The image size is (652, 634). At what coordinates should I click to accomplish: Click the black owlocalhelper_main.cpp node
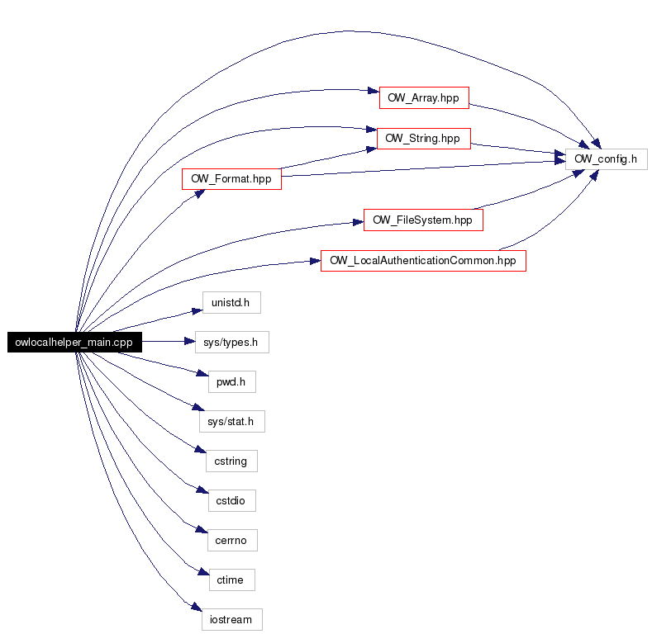pyautogui.click(x=75, y=342)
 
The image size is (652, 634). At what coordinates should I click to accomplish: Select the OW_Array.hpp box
pyautogui.click(x=424, y=98)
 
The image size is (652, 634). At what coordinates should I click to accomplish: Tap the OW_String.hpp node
pyautogui.click(x=424, y=139)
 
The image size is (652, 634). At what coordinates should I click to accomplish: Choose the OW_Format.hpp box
pyautogui.click(x=231, y=179)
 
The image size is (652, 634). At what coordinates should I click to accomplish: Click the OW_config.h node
pyautogui.click(x=607, y=159)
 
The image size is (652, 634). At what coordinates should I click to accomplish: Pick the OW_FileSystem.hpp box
pyautogui.click(x=423, y=220)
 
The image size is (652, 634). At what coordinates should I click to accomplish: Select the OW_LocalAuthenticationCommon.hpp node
pyautogui.click(x=423, y=261)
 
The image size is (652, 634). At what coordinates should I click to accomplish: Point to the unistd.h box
pyautogui.click(x=231, y=302)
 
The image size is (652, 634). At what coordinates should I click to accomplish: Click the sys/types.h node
pyautogui.click(x=232, y=343)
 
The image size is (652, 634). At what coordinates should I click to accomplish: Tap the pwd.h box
pyautogui.click(x=232, y=382)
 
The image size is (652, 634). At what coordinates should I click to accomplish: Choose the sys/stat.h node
pyautogui.click(x=232, y=421)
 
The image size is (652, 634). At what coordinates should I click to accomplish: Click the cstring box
pyautogui.click(x=231, y=461)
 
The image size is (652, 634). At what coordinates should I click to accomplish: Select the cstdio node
pyautogui.click(x=232, y=500)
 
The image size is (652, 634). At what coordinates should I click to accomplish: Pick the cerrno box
pyautogui.click(x=232, y=541)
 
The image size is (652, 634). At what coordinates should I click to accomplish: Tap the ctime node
pyautogui.click(x=232, y=580)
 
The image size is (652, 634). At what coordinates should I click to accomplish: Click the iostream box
pyautogui.click(x=232, y=619)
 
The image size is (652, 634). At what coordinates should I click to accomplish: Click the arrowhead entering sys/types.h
pyautogui.click(x=189, y=342)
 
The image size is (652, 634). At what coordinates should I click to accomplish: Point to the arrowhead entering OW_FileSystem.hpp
pyautogui.click(x=358, y=223)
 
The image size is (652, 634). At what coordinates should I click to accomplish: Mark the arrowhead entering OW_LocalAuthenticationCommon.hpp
pyautogui.click(x=315, y=262)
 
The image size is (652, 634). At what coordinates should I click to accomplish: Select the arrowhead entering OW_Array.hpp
pyautogui.click(x=374, y=91)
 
